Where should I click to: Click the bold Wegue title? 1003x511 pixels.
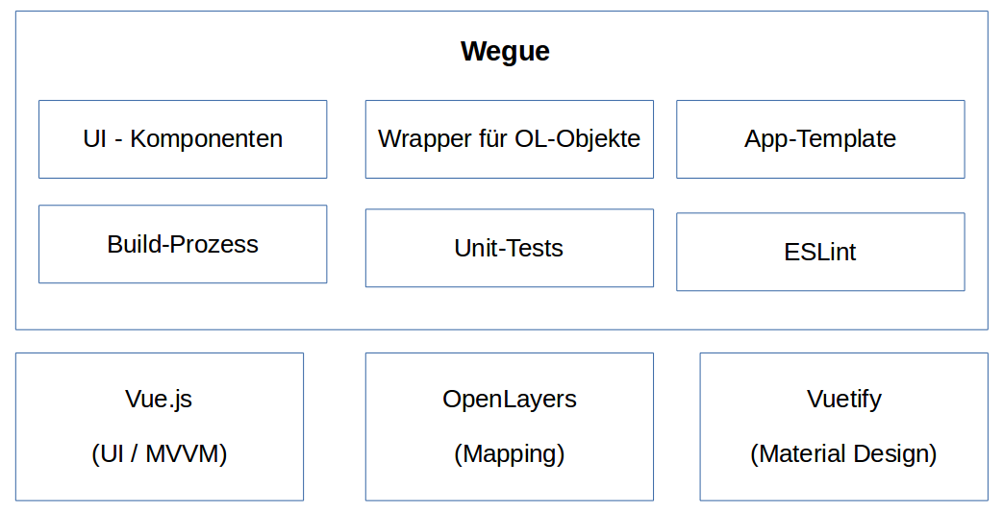(x=505, y=51)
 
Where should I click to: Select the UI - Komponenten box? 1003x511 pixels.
(x=183, y=139)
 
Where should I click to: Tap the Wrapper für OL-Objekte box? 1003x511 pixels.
(x=509, y=139)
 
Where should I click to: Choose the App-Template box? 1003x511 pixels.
(x=820, y=139)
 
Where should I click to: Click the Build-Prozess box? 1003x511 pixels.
(x=183, y=244)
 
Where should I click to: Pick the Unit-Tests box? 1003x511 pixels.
(x=509, y=248)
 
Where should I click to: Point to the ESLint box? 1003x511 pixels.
(x=820, y=252)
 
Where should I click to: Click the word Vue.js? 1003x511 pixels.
(x=159, y=399)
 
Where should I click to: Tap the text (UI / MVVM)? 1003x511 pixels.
(x=159, y=453)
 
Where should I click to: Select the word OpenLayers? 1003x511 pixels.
(x=509, y=399)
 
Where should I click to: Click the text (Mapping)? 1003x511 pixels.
(x=509, y=453)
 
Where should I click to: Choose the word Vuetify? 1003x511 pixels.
(x=843, y=399)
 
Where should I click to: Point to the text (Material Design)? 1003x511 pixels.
(x=843, y=453)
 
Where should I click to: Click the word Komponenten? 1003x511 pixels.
(x=206, y=139)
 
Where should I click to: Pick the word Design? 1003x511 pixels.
(x=890, y=453)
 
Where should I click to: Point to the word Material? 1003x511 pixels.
(x=799, y=453)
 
